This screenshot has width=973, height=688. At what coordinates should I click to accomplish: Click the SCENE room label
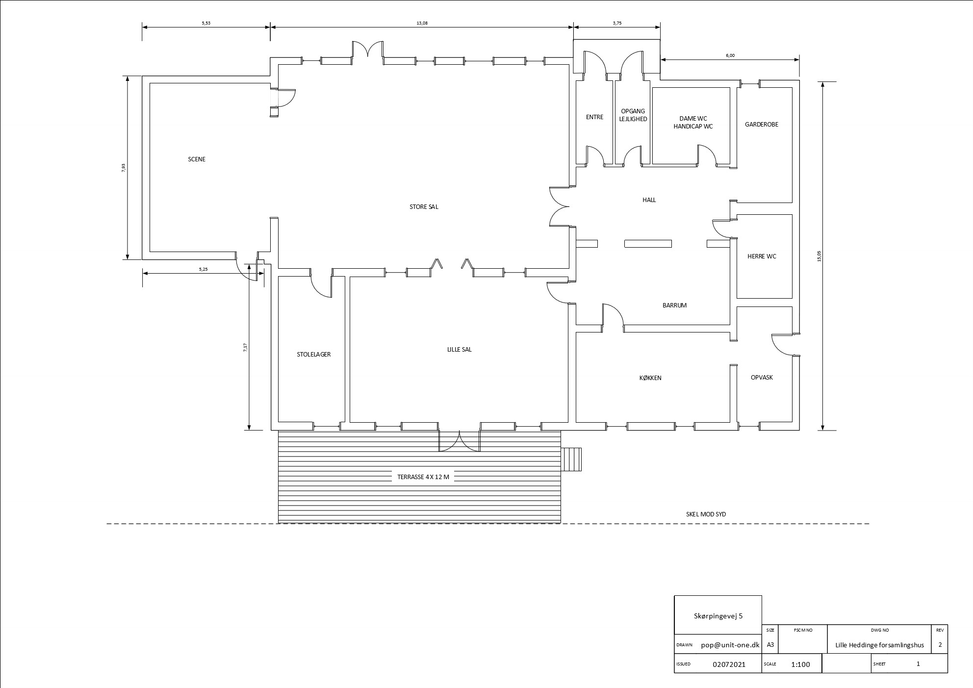(x=197, y=159)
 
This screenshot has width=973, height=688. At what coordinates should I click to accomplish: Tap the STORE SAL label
(x=424, y=207)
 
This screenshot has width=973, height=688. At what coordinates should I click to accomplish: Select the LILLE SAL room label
(x=459, y=350)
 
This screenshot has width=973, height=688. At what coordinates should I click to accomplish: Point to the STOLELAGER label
(x=313, y=355)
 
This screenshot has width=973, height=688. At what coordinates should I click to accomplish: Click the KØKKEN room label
(x=650, y=378)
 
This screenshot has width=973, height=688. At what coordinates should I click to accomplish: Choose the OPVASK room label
(x=762, y=378)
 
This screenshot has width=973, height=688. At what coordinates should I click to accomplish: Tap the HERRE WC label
(x=762, y=256)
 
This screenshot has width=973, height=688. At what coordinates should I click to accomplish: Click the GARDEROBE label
(x=762, y=125)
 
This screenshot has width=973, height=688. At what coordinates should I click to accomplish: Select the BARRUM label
(x=674, y=306)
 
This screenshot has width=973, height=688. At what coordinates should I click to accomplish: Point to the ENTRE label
(x=594, y=117)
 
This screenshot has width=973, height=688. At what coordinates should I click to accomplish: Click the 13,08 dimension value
(x=422, y=23)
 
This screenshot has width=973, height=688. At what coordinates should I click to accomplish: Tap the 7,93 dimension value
(x=124, y=168)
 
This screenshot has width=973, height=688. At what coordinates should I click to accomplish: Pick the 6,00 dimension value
(x=730, y=55)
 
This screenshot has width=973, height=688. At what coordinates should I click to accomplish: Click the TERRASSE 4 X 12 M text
(x=423, y=477)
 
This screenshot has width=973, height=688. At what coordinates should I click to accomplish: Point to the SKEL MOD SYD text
(x=706, y=514)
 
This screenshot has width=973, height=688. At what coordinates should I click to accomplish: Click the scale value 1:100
(x=800, y=664)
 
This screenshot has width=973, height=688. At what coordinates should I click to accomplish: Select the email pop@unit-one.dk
(x=730, y=645)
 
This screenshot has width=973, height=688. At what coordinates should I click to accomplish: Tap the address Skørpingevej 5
(x=718, y=616)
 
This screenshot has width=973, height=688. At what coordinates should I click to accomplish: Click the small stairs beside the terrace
(x=571, y=459)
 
